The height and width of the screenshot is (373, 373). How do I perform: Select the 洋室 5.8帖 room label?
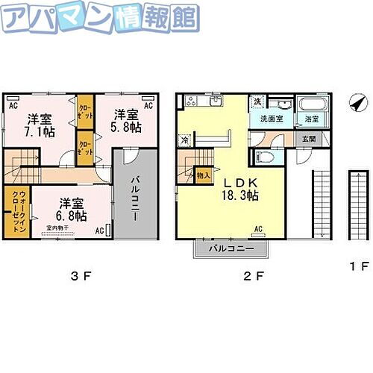click(x=126, y=121)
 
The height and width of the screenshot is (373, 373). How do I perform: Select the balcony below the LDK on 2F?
click(x=231, y=248)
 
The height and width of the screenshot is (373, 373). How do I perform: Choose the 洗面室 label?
click(x=271, y=119)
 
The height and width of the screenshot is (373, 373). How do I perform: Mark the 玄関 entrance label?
click(x=308, y=140)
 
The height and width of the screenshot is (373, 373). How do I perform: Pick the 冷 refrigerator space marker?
click(x=184, y=138)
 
